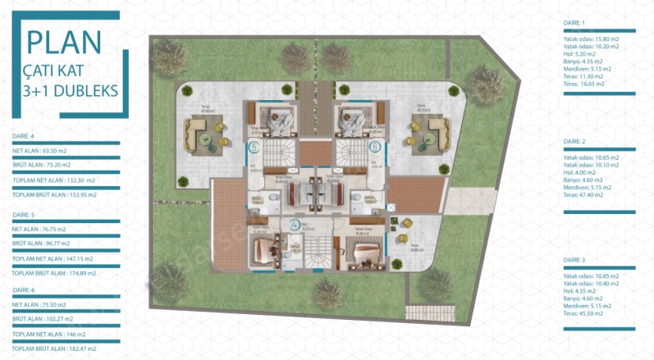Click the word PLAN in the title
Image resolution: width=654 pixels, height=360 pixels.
coord(62,42)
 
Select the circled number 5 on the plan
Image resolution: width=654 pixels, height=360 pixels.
coord(254,148)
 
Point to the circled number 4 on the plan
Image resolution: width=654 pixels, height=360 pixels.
coord(295,223)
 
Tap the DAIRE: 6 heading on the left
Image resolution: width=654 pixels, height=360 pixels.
coord(23,290)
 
